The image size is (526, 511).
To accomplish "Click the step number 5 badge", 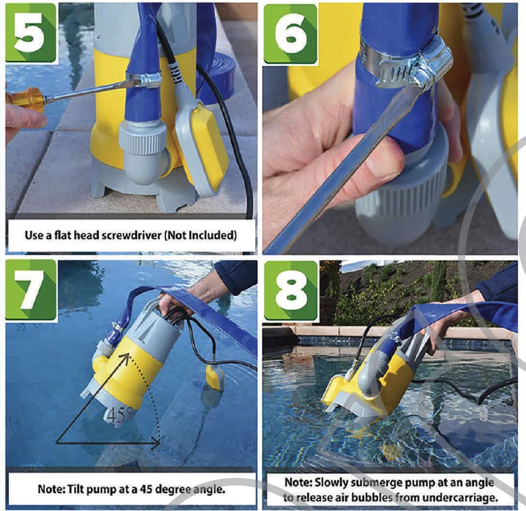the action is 31,32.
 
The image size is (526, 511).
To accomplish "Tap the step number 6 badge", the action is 290,34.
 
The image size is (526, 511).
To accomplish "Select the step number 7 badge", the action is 31,289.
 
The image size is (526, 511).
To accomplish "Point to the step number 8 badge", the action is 290,290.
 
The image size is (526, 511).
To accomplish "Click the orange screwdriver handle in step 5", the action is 25,99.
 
